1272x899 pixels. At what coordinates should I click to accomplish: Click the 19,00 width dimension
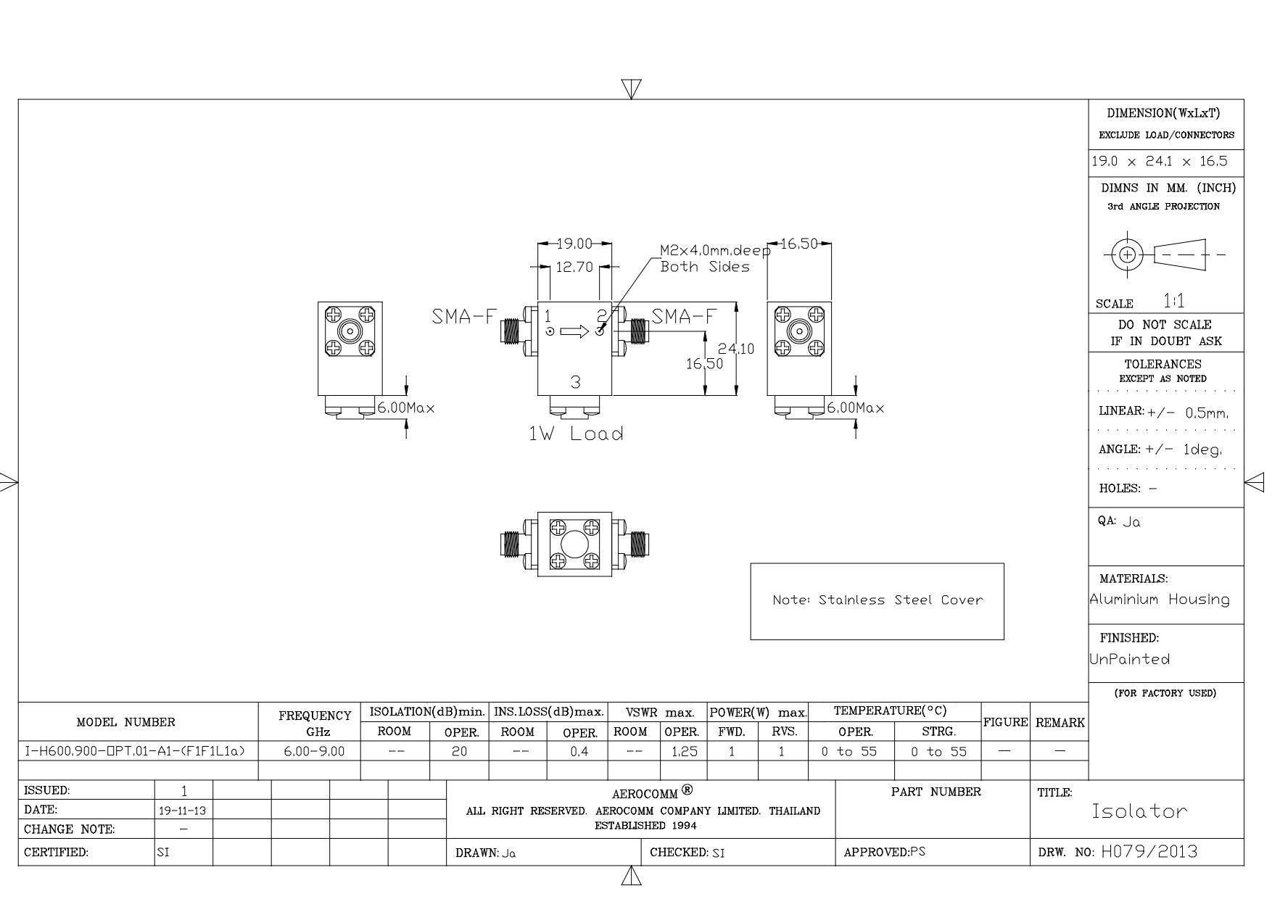pos(574,244)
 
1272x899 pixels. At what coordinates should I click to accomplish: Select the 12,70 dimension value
pos(574,267)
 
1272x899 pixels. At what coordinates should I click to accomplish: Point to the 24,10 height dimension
pos(736,349)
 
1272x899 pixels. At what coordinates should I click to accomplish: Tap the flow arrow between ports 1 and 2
pos(574,331)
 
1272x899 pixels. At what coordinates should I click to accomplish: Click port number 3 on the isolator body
pos(575,382)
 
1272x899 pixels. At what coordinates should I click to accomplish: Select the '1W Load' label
pos(576,434)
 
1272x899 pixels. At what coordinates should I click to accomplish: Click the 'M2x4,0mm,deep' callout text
pos(715,251)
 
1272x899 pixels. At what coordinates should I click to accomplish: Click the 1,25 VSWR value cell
pos(684,752)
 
